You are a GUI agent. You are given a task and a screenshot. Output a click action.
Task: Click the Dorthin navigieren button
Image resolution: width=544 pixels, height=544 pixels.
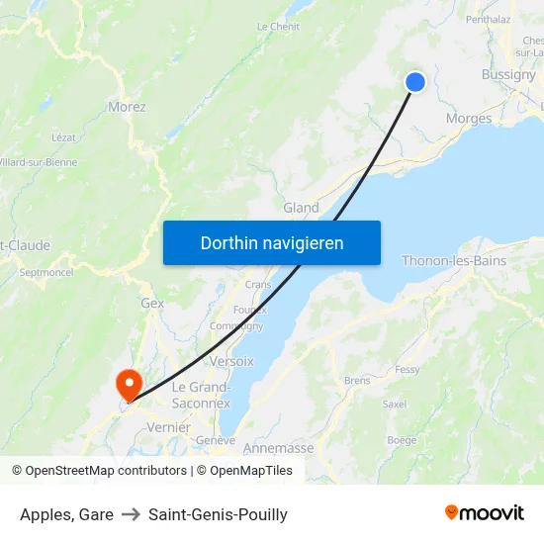272,242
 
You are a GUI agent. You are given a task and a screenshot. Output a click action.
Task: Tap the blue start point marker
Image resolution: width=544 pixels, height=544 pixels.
415,82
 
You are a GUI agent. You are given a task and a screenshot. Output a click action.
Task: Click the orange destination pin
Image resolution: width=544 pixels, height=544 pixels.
129,384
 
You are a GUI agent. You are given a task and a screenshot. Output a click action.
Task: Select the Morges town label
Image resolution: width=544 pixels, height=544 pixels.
469,119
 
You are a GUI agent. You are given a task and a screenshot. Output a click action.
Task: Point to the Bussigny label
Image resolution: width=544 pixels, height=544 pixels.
508,74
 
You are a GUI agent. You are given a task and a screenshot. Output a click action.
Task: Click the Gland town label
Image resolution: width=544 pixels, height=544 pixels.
301,208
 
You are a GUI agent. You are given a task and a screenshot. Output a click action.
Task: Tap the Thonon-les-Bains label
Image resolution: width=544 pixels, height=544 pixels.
454,261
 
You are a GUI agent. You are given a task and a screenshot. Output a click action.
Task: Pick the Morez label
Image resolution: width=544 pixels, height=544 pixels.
127,107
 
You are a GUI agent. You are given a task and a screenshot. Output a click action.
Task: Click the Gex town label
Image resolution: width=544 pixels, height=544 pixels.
152,304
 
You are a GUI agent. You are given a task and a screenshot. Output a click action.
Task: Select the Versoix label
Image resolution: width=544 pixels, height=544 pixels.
231,361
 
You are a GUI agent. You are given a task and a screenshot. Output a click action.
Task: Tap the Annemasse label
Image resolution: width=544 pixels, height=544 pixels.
278,448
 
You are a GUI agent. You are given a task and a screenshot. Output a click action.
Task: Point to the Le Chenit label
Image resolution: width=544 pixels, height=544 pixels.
279,27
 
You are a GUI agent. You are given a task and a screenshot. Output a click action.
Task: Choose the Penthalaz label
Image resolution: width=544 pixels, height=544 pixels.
487,19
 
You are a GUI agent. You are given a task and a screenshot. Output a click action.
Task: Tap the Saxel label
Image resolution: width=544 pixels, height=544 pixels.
395,404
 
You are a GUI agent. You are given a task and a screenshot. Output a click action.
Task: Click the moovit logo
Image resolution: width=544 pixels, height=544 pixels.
484,512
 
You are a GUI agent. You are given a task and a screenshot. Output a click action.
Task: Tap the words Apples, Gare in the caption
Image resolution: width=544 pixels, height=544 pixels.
66,514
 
